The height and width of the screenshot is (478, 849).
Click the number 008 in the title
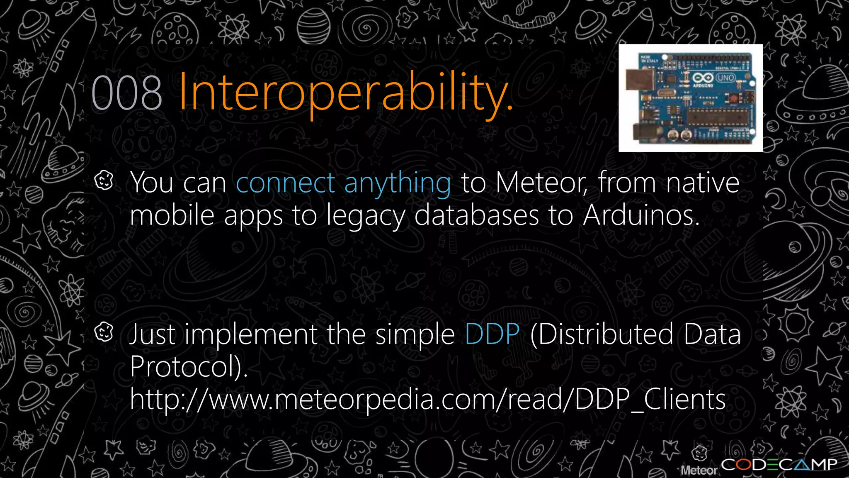(126, 93)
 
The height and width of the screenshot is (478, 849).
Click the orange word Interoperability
(345, 93)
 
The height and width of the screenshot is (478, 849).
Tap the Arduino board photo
(690, 98)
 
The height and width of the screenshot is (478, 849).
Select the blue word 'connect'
(285, 183)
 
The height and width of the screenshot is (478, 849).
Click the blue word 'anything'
(397, 183)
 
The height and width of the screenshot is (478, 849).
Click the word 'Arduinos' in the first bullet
(641, 215)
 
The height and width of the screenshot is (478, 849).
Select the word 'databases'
(476, 215)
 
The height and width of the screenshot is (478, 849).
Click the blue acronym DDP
(492, 334)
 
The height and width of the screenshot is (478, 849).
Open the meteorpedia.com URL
(427, 400)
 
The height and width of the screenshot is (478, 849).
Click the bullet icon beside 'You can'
(104, 180)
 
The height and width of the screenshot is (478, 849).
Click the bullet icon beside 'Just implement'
(104, 332)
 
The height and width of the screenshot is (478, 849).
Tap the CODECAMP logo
(779, 464)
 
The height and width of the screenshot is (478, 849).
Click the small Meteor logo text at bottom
(699, 470)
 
